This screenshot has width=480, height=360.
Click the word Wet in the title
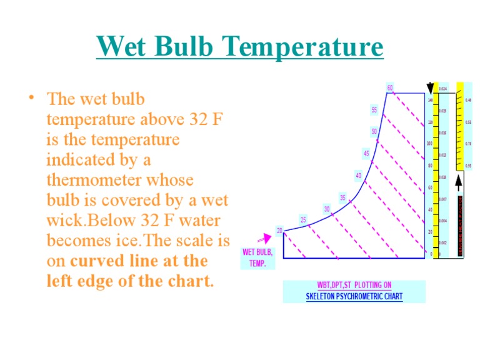(124, 47)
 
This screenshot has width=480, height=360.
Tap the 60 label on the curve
(390, 88)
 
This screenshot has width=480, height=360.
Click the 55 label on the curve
(374, 110)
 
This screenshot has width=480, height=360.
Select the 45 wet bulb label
(366, 153)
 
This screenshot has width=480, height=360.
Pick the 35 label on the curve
(342, 197)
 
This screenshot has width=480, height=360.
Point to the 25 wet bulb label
(303, 220)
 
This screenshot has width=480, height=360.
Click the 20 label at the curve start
(279, 231)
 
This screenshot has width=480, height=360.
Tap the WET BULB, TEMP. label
(257, 258)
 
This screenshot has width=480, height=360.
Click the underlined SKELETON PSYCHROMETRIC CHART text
(354, 296)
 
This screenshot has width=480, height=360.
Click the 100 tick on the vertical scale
(429, 144)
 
